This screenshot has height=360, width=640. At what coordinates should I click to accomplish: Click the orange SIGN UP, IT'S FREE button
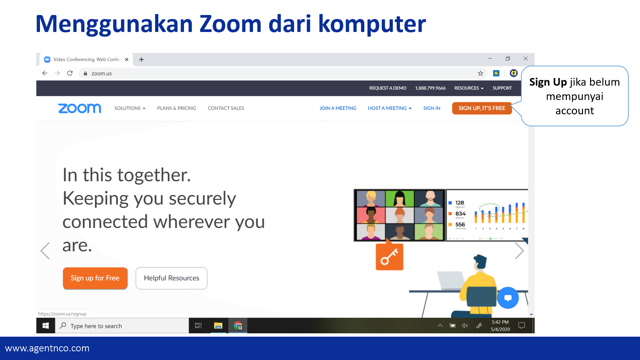tap(482, 108)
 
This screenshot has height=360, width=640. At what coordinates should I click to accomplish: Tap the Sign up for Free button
tap(95, 278)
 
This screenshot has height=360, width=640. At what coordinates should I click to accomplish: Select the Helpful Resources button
tap(171, 278)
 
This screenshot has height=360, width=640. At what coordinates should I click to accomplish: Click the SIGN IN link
tap(432, 108)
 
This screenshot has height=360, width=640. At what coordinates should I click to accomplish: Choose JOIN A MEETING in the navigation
tap(338, 108)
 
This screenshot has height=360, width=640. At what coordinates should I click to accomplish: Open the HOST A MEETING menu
tap(389, 108)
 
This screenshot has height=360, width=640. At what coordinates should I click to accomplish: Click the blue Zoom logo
tap(80, 108)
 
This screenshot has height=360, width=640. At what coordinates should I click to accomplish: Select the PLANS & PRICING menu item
tap(177, 108)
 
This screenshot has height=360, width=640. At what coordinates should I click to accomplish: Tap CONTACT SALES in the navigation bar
tap(226, 108)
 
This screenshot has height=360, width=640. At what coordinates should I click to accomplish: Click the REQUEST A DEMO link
tap(388, 88)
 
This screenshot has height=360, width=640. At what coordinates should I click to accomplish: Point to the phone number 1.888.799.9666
tap(430, 88)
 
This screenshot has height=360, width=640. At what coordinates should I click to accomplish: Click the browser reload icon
tap(70, 73)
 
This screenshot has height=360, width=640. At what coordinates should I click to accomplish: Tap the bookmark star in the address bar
tap(480, 73)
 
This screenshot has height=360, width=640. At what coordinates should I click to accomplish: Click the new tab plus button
tap(141, 59)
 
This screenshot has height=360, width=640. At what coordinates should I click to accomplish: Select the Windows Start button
tap(46, 326)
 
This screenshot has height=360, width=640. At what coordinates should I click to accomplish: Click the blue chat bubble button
tap(508, 298)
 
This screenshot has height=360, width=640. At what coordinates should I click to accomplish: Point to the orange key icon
tap(389, 257)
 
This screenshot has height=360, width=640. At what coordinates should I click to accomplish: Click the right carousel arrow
tap(519, 251)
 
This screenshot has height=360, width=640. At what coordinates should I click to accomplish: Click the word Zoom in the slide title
tap(230, 24)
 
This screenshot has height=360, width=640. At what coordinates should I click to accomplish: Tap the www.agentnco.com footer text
tap(47, 348)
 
